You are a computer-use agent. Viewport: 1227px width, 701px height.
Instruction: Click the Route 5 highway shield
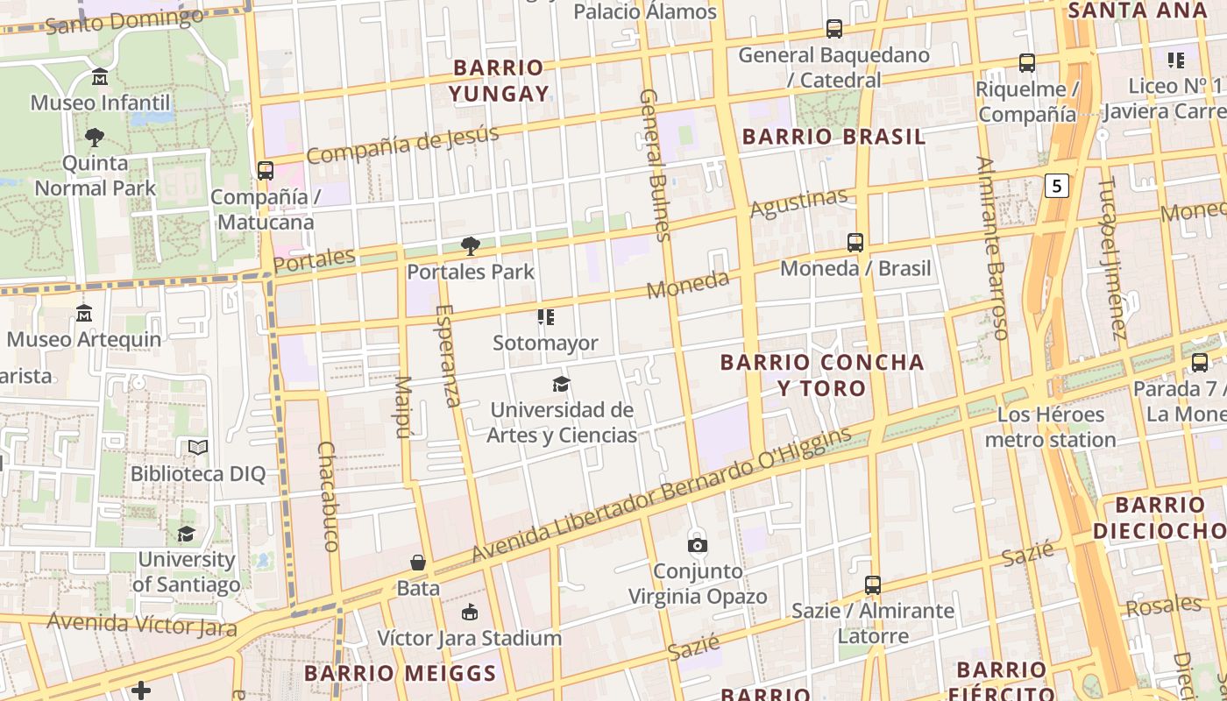tap(1058, 186)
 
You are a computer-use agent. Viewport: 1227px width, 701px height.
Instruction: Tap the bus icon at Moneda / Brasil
tap(855, 243)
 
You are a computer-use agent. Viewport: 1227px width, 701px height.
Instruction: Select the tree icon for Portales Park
tap(471, 246)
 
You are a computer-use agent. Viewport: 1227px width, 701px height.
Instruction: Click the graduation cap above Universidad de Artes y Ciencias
tap(561, 384)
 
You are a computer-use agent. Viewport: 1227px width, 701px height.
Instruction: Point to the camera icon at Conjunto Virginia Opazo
tap(698, 545)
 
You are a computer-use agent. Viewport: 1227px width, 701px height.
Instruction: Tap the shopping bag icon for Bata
tap(418, 563)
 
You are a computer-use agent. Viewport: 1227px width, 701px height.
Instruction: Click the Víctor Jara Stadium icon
tap(470, 612)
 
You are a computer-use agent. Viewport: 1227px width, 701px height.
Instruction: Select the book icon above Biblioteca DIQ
tap(198, 448)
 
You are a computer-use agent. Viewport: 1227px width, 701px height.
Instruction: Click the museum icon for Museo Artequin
tap(84, 313)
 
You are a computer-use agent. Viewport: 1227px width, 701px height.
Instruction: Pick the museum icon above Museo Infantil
tap(99, 77)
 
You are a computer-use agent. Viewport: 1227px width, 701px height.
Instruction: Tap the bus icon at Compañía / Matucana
tap(266, 171)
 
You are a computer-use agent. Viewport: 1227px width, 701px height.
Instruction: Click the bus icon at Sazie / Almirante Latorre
tap(873, 584)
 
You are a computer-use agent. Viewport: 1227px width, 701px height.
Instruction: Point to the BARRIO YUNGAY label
tap(500, 81)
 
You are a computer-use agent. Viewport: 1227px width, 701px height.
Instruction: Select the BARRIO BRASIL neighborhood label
tap(833, 137)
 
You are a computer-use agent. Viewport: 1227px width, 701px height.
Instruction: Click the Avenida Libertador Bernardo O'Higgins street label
tap(662, 495)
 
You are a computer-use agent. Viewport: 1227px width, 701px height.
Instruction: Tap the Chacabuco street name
tap(327, 496)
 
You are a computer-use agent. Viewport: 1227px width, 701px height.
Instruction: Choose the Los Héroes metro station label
tap(1050, 427)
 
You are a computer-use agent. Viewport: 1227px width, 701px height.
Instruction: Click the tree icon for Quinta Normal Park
tap(95, 138)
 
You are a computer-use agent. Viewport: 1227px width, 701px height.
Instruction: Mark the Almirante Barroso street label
tap(993, 248)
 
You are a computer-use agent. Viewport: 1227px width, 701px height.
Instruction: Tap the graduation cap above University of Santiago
tap(186, 535)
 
